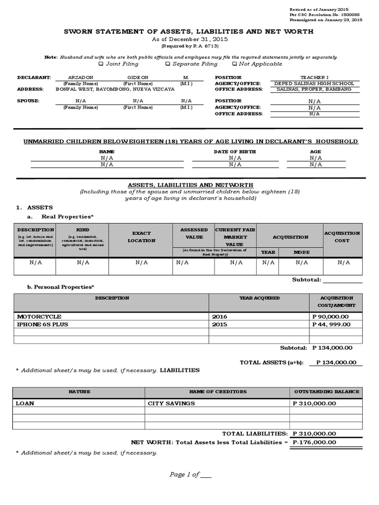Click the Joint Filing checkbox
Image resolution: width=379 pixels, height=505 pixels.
(101, 64)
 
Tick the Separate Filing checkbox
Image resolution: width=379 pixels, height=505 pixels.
(168, 64)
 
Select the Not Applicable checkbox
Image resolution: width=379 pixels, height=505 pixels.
(234, 64)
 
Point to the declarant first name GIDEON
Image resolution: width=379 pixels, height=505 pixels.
(138, 78)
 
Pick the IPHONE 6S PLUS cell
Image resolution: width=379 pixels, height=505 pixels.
(42, 325)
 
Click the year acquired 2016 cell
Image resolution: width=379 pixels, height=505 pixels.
(220, 316)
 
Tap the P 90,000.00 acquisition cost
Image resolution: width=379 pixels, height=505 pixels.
(331, 316)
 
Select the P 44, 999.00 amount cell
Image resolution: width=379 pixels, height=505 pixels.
(332, 325)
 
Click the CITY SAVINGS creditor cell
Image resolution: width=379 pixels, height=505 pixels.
(171, 403)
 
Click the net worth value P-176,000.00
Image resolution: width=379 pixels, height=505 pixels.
(314, 442)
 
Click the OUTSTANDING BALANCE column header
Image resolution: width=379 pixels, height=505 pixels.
(326, 392)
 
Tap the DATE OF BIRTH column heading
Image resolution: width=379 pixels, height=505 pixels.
(234, 151)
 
